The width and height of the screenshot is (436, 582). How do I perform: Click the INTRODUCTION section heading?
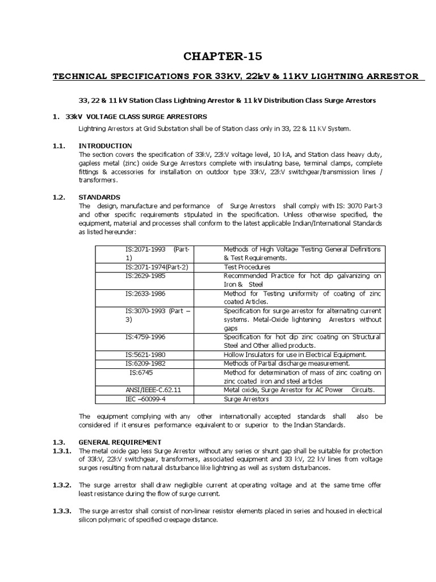click(105, 146)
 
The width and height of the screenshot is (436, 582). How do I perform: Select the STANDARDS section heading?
click(100, 197)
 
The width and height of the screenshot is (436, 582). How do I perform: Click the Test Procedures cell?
click(247, 267)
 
